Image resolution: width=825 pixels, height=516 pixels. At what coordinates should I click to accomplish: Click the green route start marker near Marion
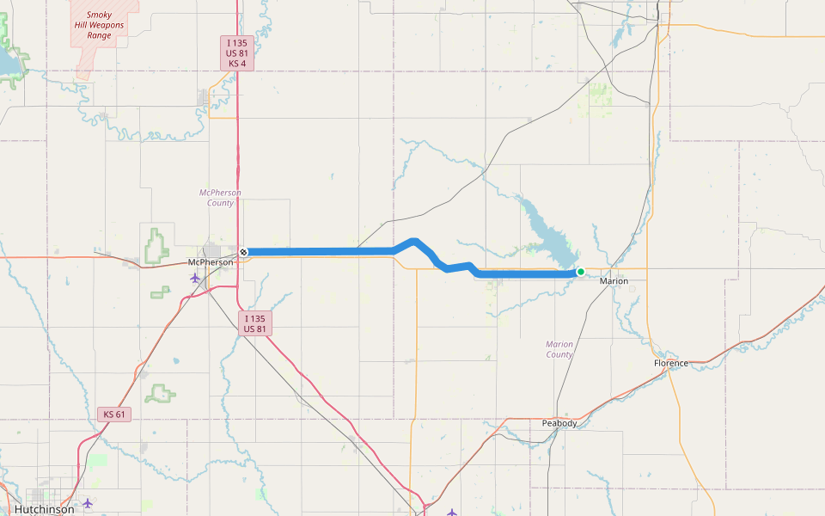coord(581,272)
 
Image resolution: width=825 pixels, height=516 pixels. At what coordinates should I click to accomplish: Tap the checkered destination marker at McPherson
coord(244,252)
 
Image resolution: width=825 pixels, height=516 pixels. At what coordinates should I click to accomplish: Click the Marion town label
coord(614,281)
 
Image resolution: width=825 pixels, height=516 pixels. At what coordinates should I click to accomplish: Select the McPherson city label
coord(210,262)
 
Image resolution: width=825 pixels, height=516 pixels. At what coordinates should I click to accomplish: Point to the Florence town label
coord(671,363)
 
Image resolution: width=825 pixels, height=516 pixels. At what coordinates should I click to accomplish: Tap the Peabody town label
coord(559,423)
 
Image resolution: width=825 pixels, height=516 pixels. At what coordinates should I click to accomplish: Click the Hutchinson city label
coord(44,509)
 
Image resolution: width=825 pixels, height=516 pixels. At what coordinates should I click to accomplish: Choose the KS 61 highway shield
coord(114,415)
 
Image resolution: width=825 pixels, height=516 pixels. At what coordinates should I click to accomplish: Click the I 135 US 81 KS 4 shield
coord(237,53)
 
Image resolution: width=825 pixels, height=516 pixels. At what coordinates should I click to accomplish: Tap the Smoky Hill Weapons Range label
coord(99,25)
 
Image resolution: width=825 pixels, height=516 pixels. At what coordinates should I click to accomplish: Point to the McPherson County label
coord(220,198)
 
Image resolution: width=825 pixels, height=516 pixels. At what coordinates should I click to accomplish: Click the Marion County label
coord(559,349)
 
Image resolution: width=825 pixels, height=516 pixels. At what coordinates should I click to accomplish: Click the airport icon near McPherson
coord(195,278)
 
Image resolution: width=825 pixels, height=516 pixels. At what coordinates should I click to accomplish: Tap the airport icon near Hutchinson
coord(87,503)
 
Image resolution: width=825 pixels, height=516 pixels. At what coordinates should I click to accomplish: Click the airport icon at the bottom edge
coord(452,513)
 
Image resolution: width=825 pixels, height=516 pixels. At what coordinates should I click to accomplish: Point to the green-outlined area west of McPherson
coord(157,247)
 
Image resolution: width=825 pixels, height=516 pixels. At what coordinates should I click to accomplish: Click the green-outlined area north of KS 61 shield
coord(160,394)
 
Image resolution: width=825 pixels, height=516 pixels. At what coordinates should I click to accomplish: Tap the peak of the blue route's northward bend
coord(414,241)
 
